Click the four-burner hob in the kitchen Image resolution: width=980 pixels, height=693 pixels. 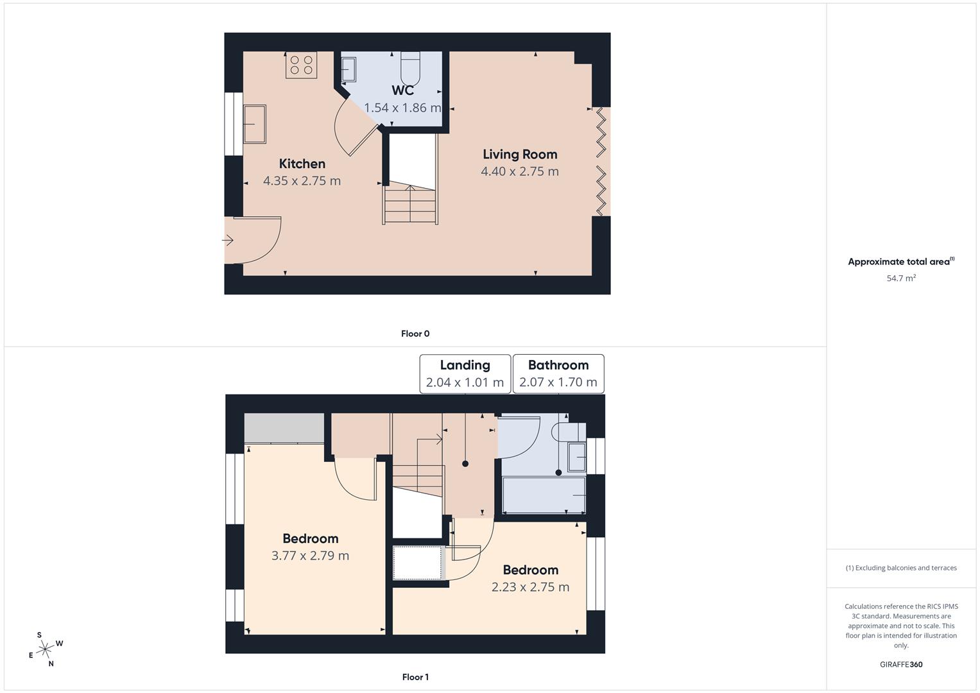click(x=301, y=65)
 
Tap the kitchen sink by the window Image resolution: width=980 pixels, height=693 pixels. click(x=254, y=124)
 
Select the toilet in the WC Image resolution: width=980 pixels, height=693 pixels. click(x=410, y=69)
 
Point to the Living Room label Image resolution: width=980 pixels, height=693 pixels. click(x=520, y=154)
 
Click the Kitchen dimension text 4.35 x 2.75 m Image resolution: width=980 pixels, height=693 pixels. click(x=302, y=181)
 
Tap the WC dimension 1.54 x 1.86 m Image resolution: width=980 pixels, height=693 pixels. click(x=402, y=108)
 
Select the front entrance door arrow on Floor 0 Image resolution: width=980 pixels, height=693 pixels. click(x=228, y=241)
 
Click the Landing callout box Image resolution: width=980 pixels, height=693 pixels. click(x=465, y=373)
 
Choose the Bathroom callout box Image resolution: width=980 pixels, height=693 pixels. click(x=558, y=373)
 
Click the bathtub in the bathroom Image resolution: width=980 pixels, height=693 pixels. click(x=543, y=495)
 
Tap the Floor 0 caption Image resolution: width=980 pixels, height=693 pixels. click(x=415, y=334)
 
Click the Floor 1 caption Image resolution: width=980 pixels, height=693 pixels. click(x=415, y=677)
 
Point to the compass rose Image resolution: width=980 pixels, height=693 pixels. click(x=45, y=649)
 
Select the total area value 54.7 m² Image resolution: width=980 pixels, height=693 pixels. click(x=901, y=278)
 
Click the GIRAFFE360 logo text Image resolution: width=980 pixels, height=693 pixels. click(x=901, y=665)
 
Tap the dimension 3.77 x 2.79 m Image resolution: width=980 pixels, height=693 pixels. click(x=310, y=556)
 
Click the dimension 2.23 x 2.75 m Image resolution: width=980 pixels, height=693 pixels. click(x=530, y=587)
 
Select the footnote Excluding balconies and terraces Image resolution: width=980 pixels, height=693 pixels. click(x=901, y=568)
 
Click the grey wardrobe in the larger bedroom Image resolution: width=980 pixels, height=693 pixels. click(x=284, y=428)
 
